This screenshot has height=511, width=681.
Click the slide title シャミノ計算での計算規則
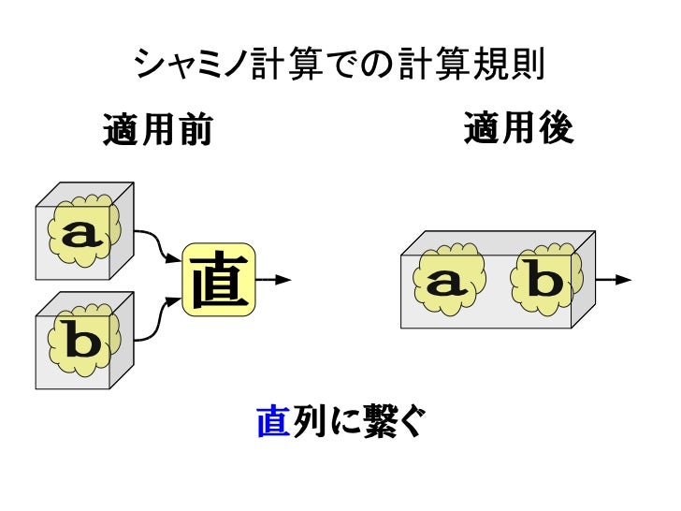click(340, 65)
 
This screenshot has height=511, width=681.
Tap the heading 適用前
click(157, 132)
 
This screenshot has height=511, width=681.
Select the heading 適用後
click(517, 130)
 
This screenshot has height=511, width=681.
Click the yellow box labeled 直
click(219, 280)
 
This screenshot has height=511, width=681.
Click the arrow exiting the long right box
click(615, 279)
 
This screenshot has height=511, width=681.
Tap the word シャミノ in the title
click(191, 65)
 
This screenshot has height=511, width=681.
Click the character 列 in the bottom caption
click(306, 424)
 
